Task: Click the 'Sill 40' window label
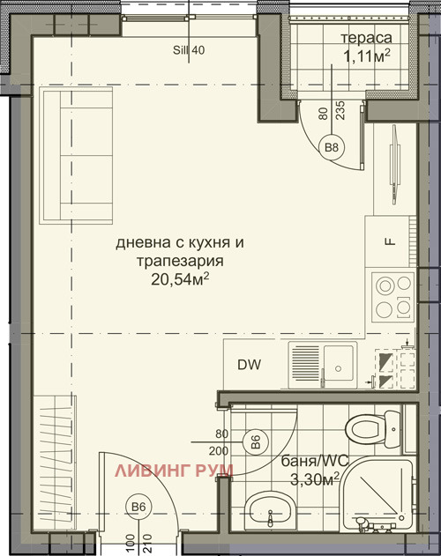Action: click(189, 50)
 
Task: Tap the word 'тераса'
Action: click(366, 38)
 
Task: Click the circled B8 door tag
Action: click(332, 147)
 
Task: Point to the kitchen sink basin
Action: click(339, 362)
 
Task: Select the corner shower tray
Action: click(375, 499)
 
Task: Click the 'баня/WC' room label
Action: click(310, 461)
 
